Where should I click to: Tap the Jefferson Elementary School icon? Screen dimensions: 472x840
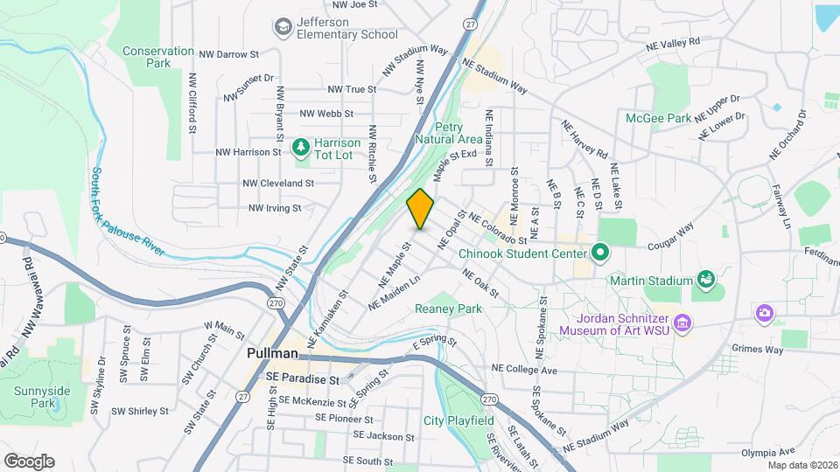(283, 28)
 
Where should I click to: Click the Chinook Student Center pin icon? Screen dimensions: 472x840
(599, 253)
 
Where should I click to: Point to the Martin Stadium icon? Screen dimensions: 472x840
(704, 281)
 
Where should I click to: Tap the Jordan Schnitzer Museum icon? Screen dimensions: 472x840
(683, 323)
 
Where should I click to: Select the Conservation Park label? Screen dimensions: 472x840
(158, 57)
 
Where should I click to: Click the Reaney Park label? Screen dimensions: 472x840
(449, 309)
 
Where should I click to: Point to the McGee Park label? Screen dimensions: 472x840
(658, 118)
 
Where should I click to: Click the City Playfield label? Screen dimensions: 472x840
(458, 420)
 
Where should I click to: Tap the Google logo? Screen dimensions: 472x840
(29, 461)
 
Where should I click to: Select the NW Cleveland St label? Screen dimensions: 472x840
(278, 184)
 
